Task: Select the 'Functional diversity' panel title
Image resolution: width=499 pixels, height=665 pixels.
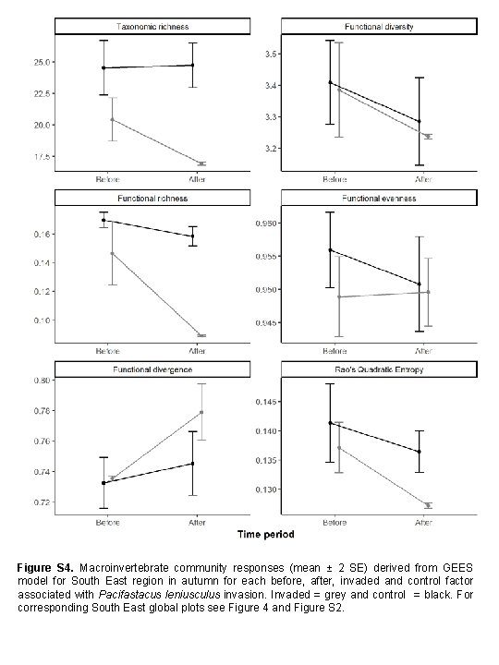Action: coord(378,27)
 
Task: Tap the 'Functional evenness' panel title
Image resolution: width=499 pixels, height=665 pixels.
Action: coord(378,199)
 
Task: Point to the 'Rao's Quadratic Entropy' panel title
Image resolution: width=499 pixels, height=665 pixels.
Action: coord(378,369)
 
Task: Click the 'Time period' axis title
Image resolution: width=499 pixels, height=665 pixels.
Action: coord(266,534)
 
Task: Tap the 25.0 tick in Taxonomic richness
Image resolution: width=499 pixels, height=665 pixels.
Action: coord(41,63)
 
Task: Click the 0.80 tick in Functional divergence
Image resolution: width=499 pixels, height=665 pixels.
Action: coord(41,381)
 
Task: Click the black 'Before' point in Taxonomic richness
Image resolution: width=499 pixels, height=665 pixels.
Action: coord(103,67)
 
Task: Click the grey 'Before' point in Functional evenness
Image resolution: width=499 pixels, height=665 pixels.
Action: coord(339,296)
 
